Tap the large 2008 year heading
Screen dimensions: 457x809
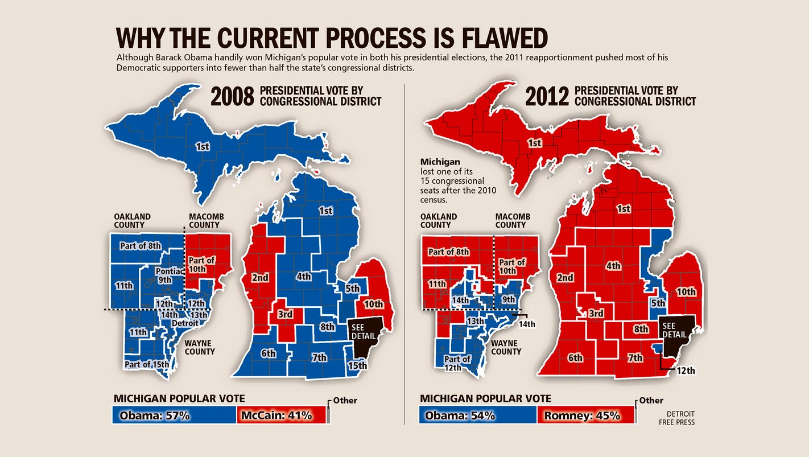232,97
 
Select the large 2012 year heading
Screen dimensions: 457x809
547,97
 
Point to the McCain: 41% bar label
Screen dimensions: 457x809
276,415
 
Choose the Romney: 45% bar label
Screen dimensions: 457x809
582,415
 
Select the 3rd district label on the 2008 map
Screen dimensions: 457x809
285,314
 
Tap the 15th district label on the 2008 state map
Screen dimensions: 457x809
357,365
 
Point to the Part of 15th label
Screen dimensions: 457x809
146,364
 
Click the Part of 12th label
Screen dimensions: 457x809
457,363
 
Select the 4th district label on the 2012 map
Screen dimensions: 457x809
613,266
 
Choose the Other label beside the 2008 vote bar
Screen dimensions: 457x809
345,400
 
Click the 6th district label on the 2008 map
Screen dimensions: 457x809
268,353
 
